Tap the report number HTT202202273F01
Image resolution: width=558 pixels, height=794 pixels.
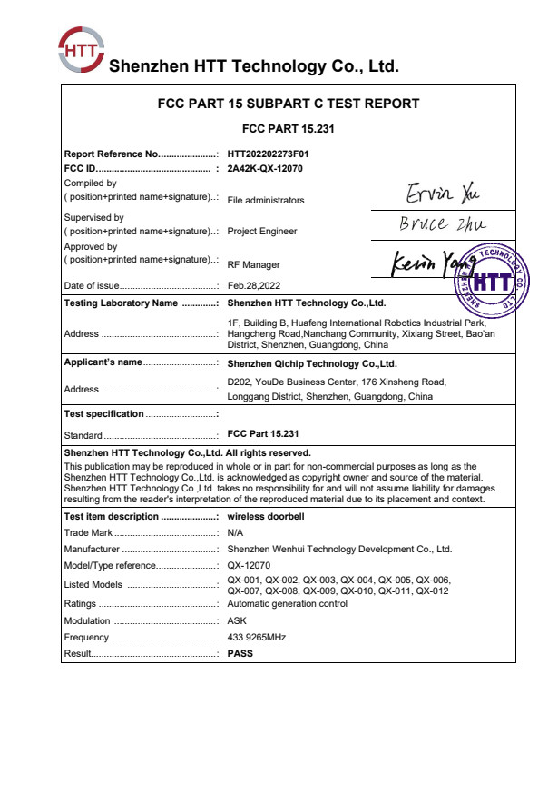pos(274,154)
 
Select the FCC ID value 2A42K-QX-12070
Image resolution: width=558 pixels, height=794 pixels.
pos(265,168)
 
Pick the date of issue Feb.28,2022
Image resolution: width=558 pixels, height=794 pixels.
pos(254,286)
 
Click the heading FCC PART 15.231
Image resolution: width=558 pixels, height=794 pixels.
pos(289,129)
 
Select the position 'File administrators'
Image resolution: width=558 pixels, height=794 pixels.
pos(266,200)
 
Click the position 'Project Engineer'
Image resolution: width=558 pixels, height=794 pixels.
pos(262,231)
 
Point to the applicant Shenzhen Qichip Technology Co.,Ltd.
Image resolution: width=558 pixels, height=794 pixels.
pos(312,362)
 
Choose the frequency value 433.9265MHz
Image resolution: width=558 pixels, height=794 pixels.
pos(257,637)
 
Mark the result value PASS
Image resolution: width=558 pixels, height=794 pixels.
pos(240,652)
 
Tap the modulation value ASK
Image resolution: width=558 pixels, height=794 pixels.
pos(236,620)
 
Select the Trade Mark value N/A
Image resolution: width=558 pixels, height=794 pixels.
pos(235,532)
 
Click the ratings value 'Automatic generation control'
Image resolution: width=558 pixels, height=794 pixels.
pos(287,603)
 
